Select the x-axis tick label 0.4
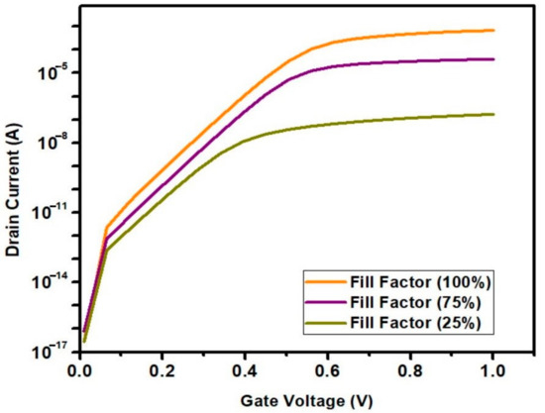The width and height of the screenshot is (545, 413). coord(246,368)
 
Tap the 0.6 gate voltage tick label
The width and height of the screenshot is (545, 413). coord(328,368)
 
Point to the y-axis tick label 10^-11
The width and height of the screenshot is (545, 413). coord(47,211)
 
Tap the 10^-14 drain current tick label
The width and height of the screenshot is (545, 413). coord(47,281)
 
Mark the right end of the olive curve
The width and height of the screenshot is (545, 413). coord(493,114)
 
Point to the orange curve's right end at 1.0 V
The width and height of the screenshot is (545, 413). coord(493,31)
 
